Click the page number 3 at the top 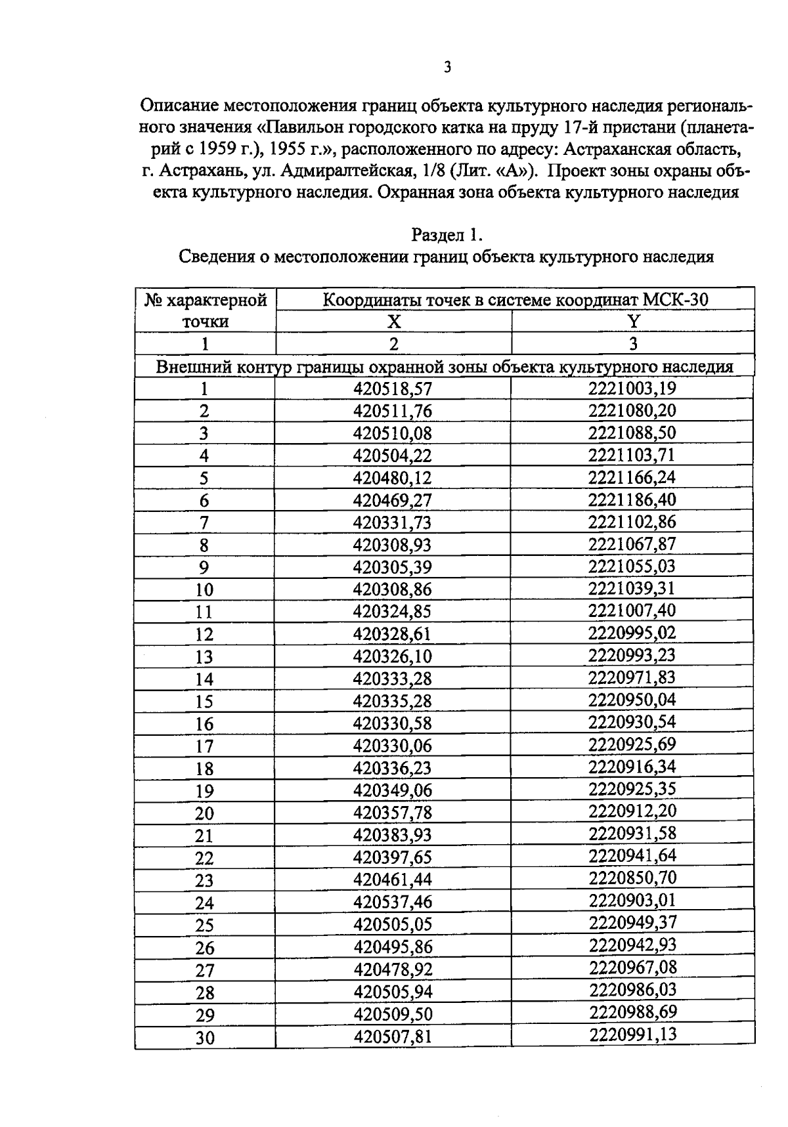(447, 67)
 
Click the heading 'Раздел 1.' (447, 234)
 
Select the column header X (393, 322)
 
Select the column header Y (633, 322)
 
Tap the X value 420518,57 (393, 389)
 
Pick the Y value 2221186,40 (632, 500)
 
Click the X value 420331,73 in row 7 (393, 523)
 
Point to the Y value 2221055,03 (632, 566)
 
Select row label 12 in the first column (204, 635)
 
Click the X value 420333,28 (393, 679)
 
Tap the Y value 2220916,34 (632, 767)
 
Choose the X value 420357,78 (393, 813)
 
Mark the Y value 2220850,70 (632, 878)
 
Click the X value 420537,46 (393, 902)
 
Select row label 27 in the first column (205, 970)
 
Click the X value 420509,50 (393, 1014)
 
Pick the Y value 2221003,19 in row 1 (632, 389)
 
